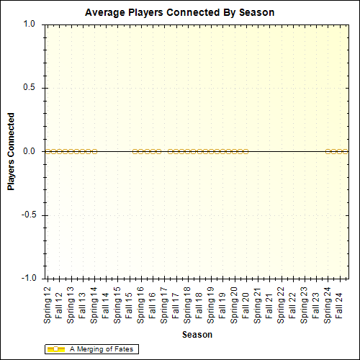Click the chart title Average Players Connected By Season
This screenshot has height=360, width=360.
point(180,13)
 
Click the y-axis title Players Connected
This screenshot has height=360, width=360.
point(12,151)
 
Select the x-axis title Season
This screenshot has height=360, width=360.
point(197,335)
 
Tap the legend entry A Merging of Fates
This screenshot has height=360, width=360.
point(101,349)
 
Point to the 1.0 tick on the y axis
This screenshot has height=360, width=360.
point(30,24)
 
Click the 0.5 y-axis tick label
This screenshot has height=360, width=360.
point(30,88)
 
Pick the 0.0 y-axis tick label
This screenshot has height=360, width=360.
point(30,151)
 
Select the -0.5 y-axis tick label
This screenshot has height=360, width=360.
point(28,215)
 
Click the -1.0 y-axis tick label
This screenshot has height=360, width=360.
point(28,278)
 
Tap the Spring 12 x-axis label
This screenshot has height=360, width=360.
point(48,302)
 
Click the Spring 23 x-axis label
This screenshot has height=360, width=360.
point(304,302)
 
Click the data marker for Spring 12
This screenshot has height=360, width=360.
point(48,151)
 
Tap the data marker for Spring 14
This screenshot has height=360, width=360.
point(94,151)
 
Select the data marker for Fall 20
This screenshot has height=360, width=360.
point(246,151)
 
